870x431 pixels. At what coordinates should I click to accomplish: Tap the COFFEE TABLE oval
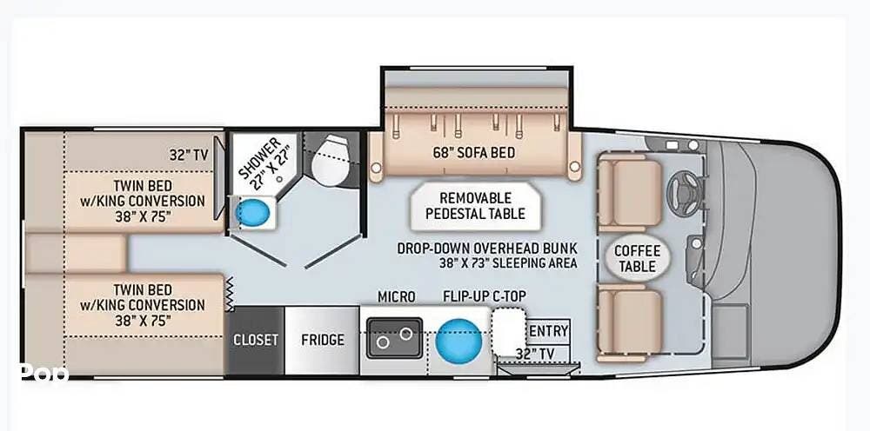(x=637, y=258)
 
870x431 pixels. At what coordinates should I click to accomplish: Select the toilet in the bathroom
(x=330, y=159)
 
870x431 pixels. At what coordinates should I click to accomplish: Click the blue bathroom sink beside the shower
(x=252, y=212)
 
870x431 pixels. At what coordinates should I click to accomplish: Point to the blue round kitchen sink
(x=458, y=341)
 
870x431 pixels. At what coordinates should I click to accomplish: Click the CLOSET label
(x=255, y=340)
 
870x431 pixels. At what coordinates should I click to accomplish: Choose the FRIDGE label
(x=323, y=340)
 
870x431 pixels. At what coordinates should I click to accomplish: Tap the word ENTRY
(x=549, y=331)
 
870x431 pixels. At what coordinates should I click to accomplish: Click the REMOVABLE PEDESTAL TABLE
(x=476, y=206)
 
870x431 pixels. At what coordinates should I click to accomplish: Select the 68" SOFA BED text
(x=474, y=152)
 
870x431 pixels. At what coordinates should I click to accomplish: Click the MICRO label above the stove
(x=396, y=297)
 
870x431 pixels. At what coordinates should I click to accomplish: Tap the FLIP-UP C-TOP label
(x=485, y=296)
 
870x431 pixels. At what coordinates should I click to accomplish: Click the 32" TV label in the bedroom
(x=189, y=156)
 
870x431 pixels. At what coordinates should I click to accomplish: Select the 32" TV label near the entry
(x=534, y=353)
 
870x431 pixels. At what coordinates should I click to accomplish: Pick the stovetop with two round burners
(x=394, y=338)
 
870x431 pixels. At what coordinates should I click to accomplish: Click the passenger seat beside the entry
(x=630, y=323)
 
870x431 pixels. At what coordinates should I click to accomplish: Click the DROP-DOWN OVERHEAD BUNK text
(x=487, y=249)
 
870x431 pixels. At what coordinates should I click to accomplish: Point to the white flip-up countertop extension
(x=508, y=331)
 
